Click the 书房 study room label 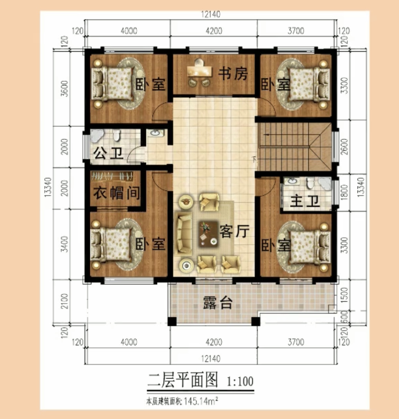point(233,74)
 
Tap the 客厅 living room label point(234,231)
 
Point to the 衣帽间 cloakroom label point(116,193)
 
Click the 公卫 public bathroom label point(109,153)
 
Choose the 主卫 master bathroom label point(305,201)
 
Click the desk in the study point(200,71)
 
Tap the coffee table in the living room point(208,234)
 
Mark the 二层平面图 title point(183,380)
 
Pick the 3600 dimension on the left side point(65,88)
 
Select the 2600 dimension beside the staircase point(344,147)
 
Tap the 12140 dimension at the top point(211,14)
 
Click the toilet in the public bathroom point(117,136)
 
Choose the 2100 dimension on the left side point(65,301)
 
